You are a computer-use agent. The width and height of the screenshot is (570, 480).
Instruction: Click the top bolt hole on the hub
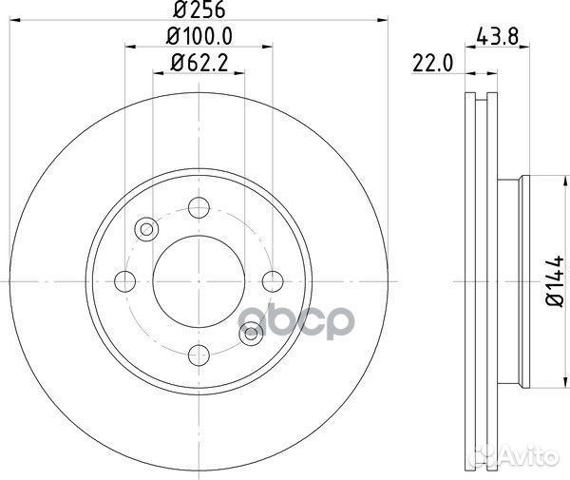pyautogui.click(x=198, y=207)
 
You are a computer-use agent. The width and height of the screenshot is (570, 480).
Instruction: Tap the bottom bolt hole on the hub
pyautogui.click(x=198, y=354)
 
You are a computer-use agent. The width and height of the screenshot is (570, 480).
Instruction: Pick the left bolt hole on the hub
pyautogui.click(x=124, y=280)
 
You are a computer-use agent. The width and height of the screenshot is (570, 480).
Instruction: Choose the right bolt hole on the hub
pyautogui.click(x=272, y=280)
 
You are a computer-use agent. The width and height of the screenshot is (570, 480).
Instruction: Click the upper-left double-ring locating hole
pyautogui.click(x=146, y=229)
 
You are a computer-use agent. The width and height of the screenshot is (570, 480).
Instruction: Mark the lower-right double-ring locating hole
pyautogui.click(x=250, y=332)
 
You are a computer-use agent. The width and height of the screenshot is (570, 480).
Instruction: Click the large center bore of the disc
pyautogui.click(x=198, y=280)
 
